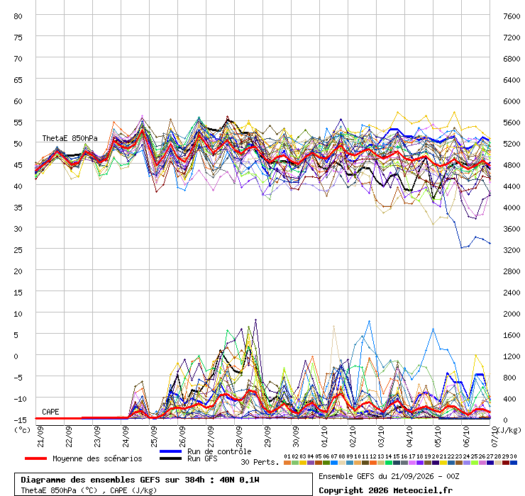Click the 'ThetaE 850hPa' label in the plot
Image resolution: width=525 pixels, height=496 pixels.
pyautogui.click(x=70, y=138)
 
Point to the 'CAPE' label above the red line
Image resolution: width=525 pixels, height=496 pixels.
pyautogui.click(x=50, y=412)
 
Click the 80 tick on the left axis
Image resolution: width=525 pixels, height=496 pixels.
pyautogui.click(x=18, y=16)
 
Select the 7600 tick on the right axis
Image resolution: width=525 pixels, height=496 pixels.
pyautogui.click(x=512, y=16)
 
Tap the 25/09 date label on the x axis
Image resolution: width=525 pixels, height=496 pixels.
pyautogui.click(x=154, y=436)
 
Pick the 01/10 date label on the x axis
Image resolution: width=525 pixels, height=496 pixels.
pyautogui.click(x=324, y=436)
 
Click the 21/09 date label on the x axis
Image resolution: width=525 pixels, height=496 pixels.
pyautogui.click(x=40, y=436)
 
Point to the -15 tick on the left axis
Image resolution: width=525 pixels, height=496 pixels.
pyautogui.click(x=20, y=419)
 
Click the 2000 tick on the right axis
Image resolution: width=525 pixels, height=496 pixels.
pyautogui.click(x=512, y=314)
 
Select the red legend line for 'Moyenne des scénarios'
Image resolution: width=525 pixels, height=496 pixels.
pyautogui.click(x=35, y=458)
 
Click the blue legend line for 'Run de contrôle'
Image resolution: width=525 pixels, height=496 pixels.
pyautogui.click(x=170, y=451)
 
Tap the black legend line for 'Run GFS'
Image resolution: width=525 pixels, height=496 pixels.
pyautogui.click(x=170, y=458)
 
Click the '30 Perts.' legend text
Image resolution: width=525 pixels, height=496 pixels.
pyautogui.click(x=260, y=462)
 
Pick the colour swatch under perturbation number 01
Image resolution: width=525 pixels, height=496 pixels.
pyautogui.click(x=287, y=463)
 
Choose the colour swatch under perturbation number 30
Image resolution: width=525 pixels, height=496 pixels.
pyautogui.click(x=513, y=463)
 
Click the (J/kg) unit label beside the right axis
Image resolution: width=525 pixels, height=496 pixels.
pyautogui.click(x=509, y=430)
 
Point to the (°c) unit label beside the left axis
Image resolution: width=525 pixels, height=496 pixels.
pyautogui.click(x=22, y=430)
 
